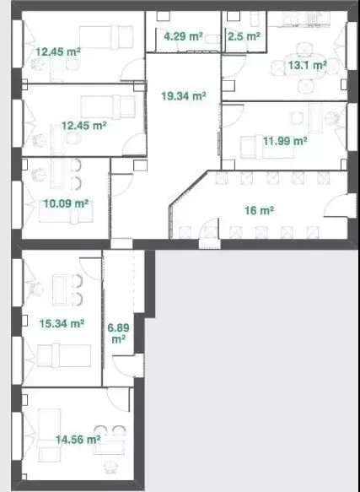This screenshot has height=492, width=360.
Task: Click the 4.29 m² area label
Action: (183, 36)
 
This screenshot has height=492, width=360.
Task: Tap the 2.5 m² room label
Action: (244, 36)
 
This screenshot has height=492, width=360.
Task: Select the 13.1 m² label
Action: (308, 66)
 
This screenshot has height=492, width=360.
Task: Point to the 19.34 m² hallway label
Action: (184, 95)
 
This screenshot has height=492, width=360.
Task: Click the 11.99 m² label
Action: (285, 141)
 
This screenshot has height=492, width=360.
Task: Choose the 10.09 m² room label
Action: (66, 203)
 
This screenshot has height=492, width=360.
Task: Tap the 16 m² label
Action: (259, 210)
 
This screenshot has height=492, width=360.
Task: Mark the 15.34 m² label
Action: (62, 323)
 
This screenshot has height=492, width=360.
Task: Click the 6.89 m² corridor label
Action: (119, 333)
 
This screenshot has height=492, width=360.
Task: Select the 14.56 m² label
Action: (78, 440)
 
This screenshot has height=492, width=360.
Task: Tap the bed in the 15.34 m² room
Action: (64, 355)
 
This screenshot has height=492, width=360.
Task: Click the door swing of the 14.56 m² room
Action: (118, 399)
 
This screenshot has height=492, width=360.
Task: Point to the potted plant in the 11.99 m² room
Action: (332, 118)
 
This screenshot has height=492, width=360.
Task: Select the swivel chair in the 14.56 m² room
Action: (110, 467)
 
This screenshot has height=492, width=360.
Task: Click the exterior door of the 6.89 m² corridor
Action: (128, 365)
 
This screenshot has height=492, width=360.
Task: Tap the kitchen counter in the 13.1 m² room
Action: (299, 19)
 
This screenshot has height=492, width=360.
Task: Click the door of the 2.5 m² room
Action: (236, 46)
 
